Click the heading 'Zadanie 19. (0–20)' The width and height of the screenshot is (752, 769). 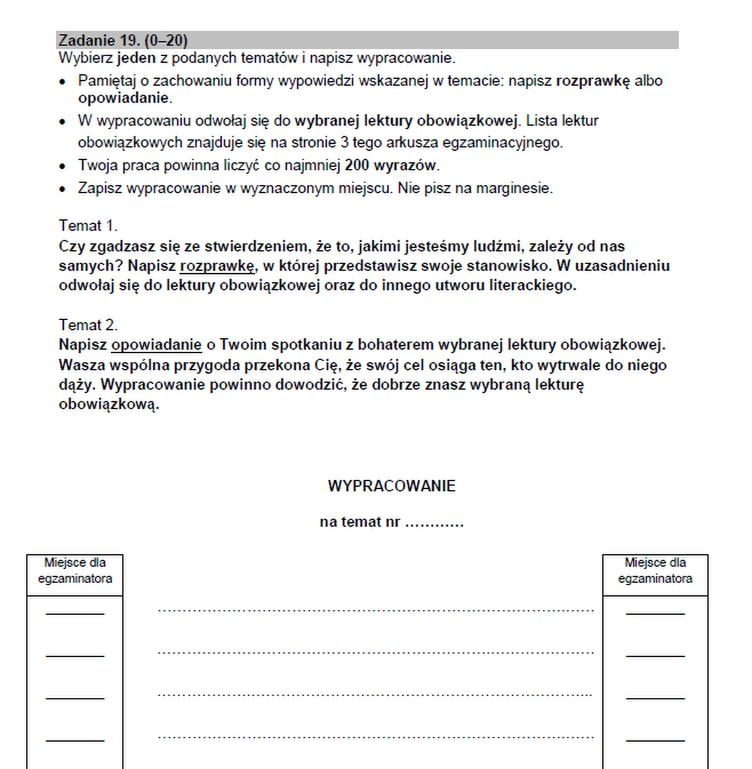click(123, 40)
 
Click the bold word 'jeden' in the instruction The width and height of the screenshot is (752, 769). click(136, 58)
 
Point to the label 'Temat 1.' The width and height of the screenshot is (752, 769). click(88, 226)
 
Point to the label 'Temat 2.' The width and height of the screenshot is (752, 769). click(88, 325)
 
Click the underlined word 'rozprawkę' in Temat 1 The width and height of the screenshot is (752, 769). click(217, 266)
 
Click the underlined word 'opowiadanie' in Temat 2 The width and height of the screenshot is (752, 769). click(156, 345)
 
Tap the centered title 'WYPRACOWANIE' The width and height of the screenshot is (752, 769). click(391, 486)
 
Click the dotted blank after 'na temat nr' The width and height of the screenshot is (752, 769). click(434, 523)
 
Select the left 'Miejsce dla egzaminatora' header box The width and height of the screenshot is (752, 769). click(75, 575)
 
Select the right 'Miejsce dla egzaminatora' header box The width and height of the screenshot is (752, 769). click(655, 575)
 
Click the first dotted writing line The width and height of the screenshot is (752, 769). click(376, 610)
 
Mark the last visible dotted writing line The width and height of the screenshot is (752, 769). click(376, 737)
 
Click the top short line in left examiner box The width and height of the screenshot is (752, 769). click(75, 614)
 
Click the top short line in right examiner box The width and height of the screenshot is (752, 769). click(655, 614)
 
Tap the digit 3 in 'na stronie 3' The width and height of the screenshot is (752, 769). click(344, 143)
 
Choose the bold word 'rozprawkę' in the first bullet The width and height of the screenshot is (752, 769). click(593, 81)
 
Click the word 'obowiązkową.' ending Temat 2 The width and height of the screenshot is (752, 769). click(109, 404)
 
